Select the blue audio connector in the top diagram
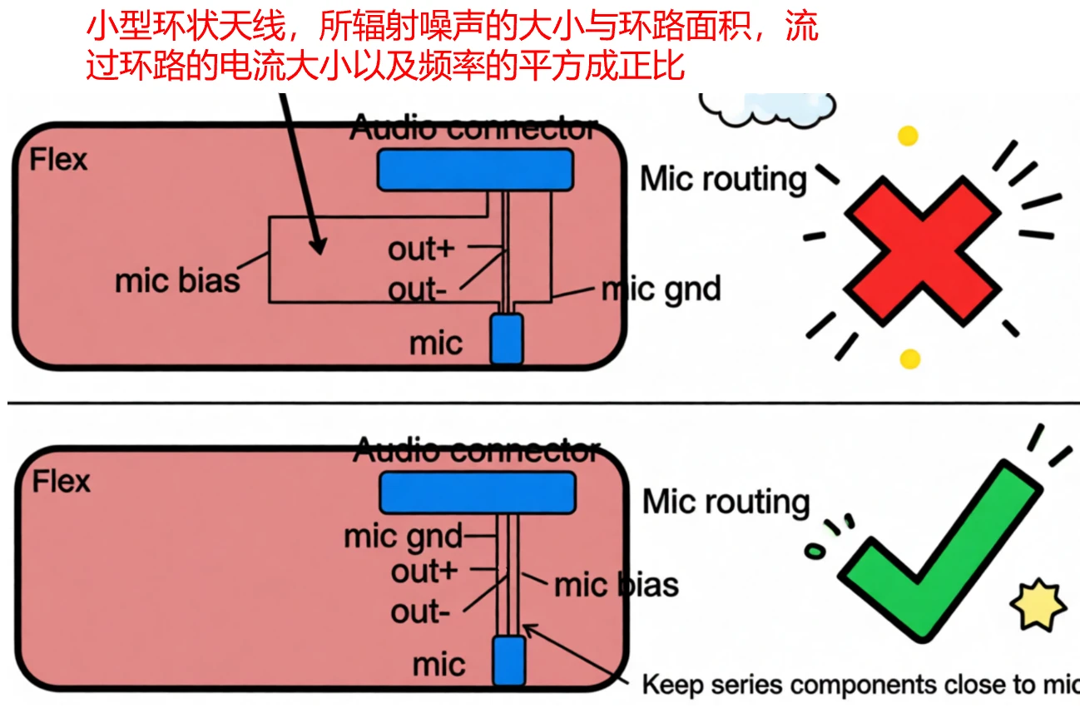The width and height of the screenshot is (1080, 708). click(x=475, y=169)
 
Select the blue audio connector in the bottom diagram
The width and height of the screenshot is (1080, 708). click(x=477, y=492)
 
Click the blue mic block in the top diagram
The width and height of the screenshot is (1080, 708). click(x=506, y=339)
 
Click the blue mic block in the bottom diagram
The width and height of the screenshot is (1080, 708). click(x=508, y=661)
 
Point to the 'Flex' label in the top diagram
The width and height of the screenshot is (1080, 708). click(x=58, y=159)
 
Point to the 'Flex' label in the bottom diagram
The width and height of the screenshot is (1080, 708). click(x=61, y=482)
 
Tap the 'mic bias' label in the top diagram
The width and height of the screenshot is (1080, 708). click(x=177, y=280)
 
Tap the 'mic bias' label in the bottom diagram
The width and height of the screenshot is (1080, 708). click(x=617, y=585)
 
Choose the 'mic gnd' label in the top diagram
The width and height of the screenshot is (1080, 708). click(x=661, y=290)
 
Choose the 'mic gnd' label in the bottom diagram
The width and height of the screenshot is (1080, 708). click(x=404, y=537)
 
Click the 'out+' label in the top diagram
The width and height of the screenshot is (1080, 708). click(x=423, y=249)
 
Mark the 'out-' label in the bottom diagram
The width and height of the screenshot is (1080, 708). click(x=421, y=612)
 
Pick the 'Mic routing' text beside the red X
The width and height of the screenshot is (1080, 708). click(x=723, y=179)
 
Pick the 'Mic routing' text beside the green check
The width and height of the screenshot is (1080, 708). click(x=726, y=502)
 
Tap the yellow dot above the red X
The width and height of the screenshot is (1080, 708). click(x=908, y=136)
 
